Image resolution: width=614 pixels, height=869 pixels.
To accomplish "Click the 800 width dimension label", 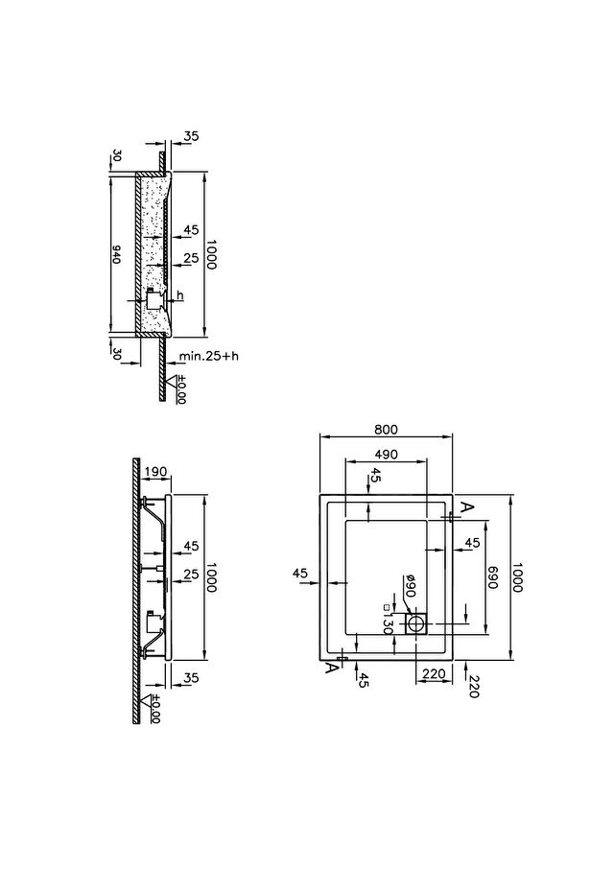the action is pyautogui.click(x=386, y=430).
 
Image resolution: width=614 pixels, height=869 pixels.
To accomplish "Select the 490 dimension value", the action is pyautogui.click(x=386, y=455).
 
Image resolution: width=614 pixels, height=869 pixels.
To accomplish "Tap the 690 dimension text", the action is pyautogui.click(x=493, y=577).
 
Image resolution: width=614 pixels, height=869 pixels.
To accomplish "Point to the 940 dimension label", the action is pyautogui.click(x=116, y=254).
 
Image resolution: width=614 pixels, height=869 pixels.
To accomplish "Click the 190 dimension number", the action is pyautogui.click(x=155, y=472).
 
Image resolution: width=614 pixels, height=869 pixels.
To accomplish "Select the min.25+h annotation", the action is pyautogui.click(x=209, y=356).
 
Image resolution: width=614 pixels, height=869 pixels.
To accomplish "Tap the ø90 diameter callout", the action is pyautogui.click(x=410, y=586).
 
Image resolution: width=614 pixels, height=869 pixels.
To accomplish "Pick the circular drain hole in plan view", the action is pyautogui.click(x=415, y=624).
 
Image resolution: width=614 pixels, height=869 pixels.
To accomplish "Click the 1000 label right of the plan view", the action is pyautogui.click(x=517, y=577).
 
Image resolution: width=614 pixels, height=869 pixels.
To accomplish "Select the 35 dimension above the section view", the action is pyautogui.click(x=191, y=136).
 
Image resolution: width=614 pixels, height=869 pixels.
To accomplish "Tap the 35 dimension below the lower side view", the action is pyautogui.click(x=191, y=678).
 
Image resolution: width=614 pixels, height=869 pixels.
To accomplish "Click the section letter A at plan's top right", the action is pyautogui.click(x=468, y=507).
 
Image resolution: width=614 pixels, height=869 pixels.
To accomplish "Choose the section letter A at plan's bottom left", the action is pyautogui.click(x=331, y=668).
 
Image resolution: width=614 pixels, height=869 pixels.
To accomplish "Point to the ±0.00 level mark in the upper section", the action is pyautogui.click(x=181, y=389).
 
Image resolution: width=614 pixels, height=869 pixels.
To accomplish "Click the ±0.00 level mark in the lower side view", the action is pyautogui.click(x=155, y=709).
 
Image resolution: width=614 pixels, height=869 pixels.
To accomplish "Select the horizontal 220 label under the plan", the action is pyautogui.click(x=434, y=674).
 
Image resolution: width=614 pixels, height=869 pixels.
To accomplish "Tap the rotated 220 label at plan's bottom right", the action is pyautogui.click(x=473, y=686).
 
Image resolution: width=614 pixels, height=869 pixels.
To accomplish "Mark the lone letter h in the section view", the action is pyautogui.click(x=180, y=296).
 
